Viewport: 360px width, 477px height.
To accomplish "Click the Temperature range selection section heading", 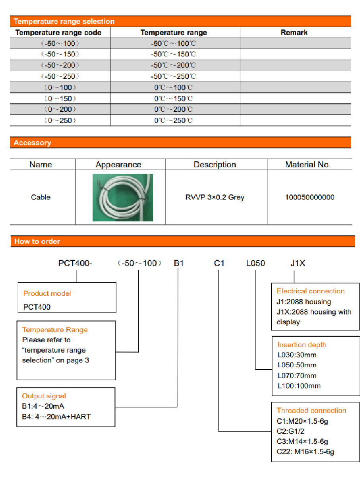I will coord(64,21).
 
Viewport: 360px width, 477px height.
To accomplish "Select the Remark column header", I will coord(294,33).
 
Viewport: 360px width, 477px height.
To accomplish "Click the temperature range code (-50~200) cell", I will coord(60,65).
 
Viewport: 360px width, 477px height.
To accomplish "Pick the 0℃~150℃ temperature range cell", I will coord(173,99).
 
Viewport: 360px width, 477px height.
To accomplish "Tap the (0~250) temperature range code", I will coord(60,120).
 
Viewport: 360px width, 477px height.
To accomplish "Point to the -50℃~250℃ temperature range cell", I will coord(173,76).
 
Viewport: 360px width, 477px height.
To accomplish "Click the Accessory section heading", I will coord(32,143).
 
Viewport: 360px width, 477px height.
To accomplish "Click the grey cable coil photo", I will coord(122,198).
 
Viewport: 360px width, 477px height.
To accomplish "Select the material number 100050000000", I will coord(310,197).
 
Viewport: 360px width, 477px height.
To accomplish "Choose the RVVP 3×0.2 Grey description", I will coord(215,197).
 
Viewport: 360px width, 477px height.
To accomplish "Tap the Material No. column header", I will coord(308,165).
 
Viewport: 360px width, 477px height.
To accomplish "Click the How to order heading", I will coord(37,241).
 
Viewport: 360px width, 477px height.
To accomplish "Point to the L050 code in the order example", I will coord(255,263).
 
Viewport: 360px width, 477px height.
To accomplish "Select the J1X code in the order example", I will coord(298,263).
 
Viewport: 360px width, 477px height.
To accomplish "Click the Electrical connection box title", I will coord(310,291).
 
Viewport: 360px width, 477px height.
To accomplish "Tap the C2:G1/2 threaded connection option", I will coord(290,431).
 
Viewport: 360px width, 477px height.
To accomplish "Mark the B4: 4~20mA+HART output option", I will coord(56,417).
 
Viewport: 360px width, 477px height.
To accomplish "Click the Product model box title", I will coord(47,293).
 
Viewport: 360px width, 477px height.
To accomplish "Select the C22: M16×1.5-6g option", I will coord(305,452).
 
